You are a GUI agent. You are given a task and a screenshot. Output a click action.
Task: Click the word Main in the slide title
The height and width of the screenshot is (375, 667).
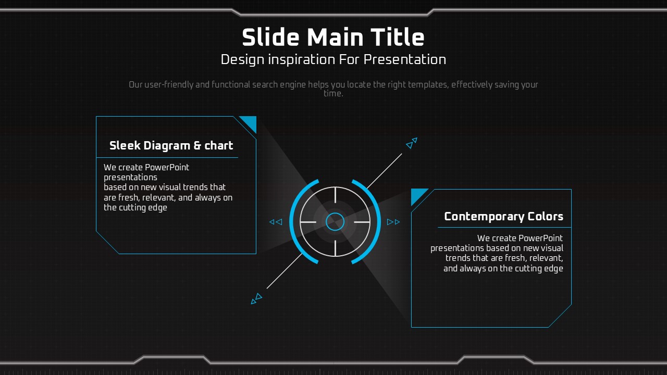(335, 37)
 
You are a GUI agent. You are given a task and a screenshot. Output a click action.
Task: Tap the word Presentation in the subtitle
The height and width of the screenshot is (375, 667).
(405, 60)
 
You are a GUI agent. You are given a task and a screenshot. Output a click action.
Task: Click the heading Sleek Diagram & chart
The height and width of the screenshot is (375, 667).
(171, 145)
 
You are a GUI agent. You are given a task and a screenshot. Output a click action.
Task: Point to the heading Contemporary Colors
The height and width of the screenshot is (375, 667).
(503, 217)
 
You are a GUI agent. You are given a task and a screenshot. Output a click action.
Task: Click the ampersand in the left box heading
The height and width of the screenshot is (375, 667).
(197, 145)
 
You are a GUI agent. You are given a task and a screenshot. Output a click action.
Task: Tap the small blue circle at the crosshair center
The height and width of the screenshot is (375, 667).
(335, 222)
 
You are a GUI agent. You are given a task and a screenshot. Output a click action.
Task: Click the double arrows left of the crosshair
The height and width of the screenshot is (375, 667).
(276, 222)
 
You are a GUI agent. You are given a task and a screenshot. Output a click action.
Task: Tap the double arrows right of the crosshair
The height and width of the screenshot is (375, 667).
(393, 222)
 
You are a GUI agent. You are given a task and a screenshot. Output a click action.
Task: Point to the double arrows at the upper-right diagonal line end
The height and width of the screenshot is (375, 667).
(412, 143)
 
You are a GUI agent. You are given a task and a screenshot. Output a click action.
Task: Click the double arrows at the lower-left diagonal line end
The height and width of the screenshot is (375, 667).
(256, 299)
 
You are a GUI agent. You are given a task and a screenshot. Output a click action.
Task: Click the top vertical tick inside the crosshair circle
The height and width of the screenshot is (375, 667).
(335, 195)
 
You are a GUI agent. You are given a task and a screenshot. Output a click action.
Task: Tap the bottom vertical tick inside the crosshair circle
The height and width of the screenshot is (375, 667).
(335, 248)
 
